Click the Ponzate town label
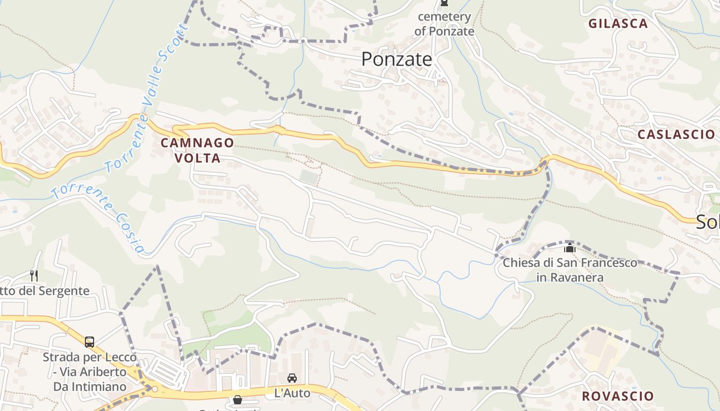coord(397,60)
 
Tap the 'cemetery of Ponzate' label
coord(444,24)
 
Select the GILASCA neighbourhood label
coord(618,24)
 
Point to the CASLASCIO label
coord(676,135)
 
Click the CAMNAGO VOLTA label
coord(197,151)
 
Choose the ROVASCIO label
coord(617,397)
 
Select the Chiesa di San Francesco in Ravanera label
coord(570,270)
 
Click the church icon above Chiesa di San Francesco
coord(569,248)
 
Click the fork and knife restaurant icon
coord(34,275)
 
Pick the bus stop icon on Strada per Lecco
coord(89,342)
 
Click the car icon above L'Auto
coord(292,378)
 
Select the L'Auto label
coord(292,394)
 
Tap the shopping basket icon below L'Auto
coord(238,399)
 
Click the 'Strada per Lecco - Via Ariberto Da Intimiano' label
coord(90,371)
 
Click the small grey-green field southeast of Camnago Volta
coord(309,177)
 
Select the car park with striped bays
coord(163,370)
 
